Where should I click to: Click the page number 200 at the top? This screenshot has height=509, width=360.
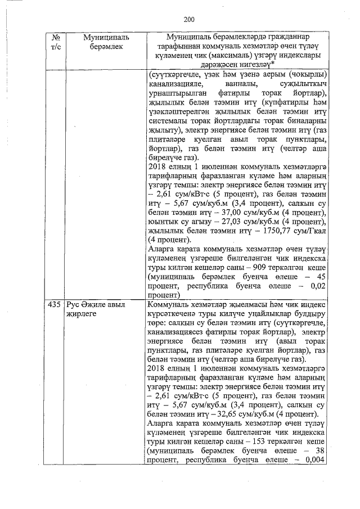188,20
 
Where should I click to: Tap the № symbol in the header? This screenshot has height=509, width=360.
55,38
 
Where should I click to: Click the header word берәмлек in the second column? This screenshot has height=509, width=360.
106,47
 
